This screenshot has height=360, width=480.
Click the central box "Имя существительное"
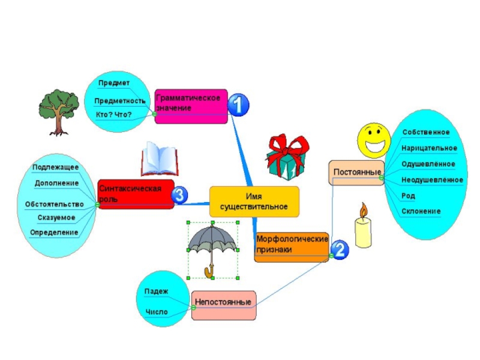tap(254, 202)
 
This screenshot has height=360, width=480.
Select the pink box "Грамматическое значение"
tap(191, 103)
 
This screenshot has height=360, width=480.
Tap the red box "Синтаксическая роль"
tap(136, 194)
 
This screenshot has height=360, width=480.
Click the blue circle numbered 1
tap(239, 106)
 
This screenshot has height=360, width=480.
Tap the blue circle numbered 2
tap(338, 249)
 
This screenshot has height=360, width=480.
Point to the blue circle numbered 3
tap(179, 195)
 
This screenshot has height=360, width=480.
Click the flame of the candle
tap(362, 209)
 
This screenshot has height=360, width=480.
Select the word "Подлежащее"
tap(56, 167)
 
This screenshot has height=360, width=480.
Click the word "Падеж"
tap(156, 292)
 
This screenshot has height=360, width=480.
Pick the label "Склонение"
tap(421, 211)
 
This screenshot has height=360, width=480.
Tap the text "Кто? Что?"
tap(114, 114)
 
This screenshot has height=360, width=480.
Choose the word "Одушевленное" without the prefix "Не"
tap(428, 164)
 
